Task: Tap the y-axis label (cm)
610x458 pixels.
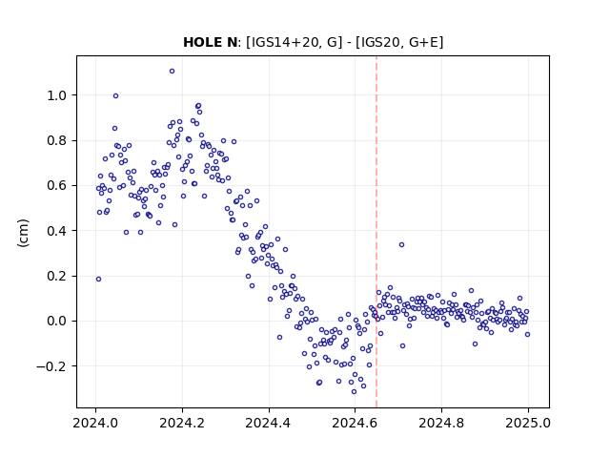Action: [23, 233]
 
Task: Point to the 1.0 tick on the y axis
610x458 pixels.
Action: [57, 95]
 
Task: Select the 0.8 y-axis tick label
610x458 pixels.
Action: [57, 140]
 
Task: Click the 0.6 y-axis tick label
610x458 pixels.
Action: [57, 186]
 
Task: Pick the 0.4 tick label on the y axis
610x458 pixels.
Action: [57, 231]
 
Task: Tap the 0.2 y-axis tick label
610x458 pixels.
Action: [57, 276]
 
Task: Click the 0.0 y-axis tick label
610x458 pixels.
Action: [57, 322]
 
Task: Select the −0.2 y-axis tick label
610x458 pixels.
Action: [51, 366]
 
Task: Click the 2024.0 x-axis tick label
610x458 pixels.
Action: [95, 423]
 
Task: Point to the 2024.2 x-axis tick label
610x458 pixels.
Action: [182, 423]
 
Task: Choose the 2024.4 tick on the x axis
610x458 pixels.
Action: [269, 423]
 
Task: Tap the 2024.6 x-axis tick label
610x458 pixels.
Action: [355, 423]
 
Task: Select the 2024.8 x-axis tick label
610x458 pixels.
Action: [441, 423]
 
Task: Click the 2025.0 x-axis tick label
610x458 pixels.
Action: [528, 423]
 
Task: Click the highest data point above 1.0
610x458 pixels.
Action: [172, 72]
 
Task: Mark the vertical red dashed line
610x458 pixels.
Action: [376, 232]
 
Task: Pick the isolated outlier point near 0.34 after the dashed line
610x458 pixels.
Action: [402, 245]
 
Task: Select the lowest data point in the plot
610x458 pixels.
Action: [354, 392]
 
